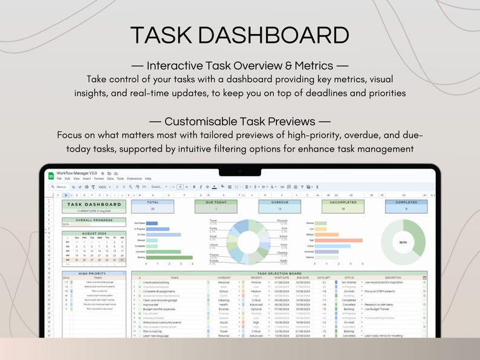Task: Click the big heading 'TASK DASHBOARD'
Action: pos(239,34)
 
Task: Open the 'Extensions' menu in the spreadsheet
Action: pos(134,179)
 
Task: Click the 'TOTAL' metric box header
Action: pos(153,203)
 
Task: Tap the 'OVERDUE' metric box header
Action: pos(279,203)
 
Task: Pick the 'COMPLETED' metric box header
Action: pos(406,203)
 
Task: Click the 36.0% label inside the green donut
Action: pos(403,242)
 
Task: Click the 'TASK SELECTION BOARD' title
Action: pos(280,273)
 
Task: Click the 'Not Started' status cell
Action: pos(349,282)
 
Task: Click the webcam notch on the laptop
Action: pos(239,171)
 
